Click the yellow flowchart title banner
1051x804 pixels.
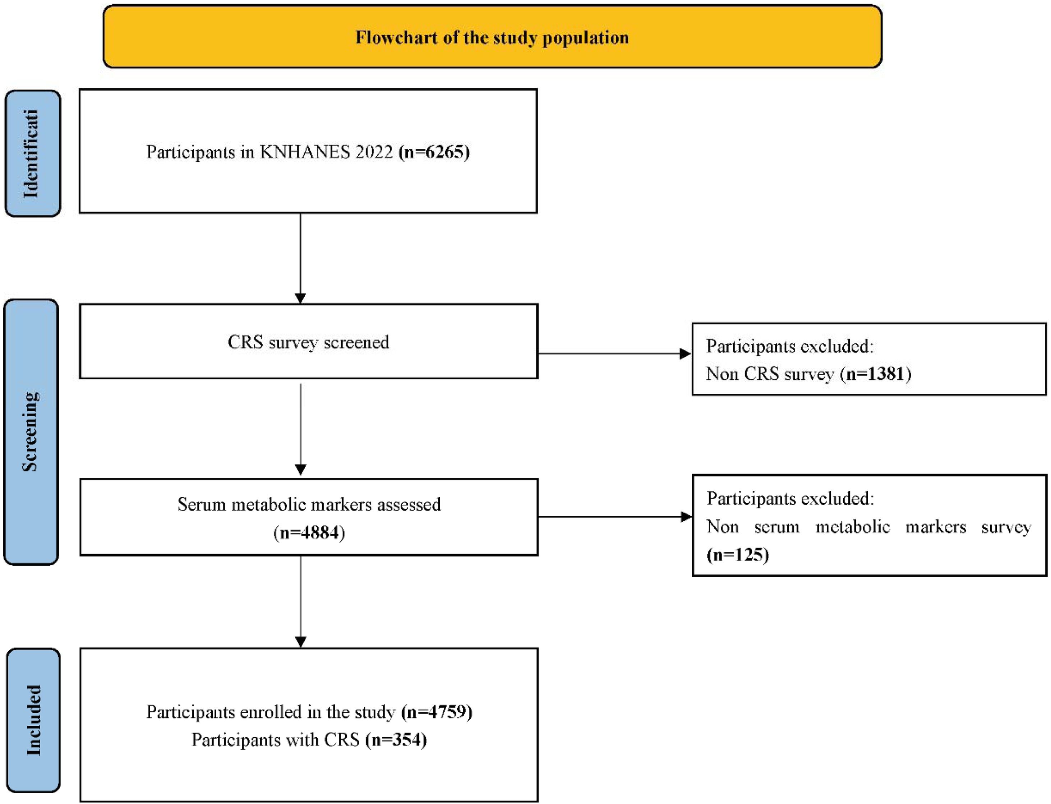492,36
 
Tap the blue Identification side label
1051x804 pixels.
33,153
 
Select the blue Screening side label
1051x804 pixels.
31,432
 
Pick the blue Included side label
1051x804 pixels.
33,720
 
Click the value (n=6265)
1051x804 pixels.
434,152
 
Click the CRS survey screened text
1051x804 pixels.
308,342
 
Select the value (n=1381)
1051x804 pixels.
875,373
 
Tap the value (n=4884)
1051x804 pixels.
309,532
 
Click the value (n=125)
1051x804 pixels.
738,554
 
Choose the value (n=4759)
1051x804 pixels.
437,712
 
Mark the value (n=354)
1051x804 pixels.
396,739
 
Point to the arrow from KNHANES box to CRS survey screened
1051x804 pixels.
300,258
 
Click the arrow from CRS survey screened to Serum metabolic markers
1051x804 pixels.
300,429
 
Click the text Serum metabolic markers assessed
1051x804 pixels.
309,504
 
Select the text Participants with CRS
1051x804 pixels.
275,739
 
